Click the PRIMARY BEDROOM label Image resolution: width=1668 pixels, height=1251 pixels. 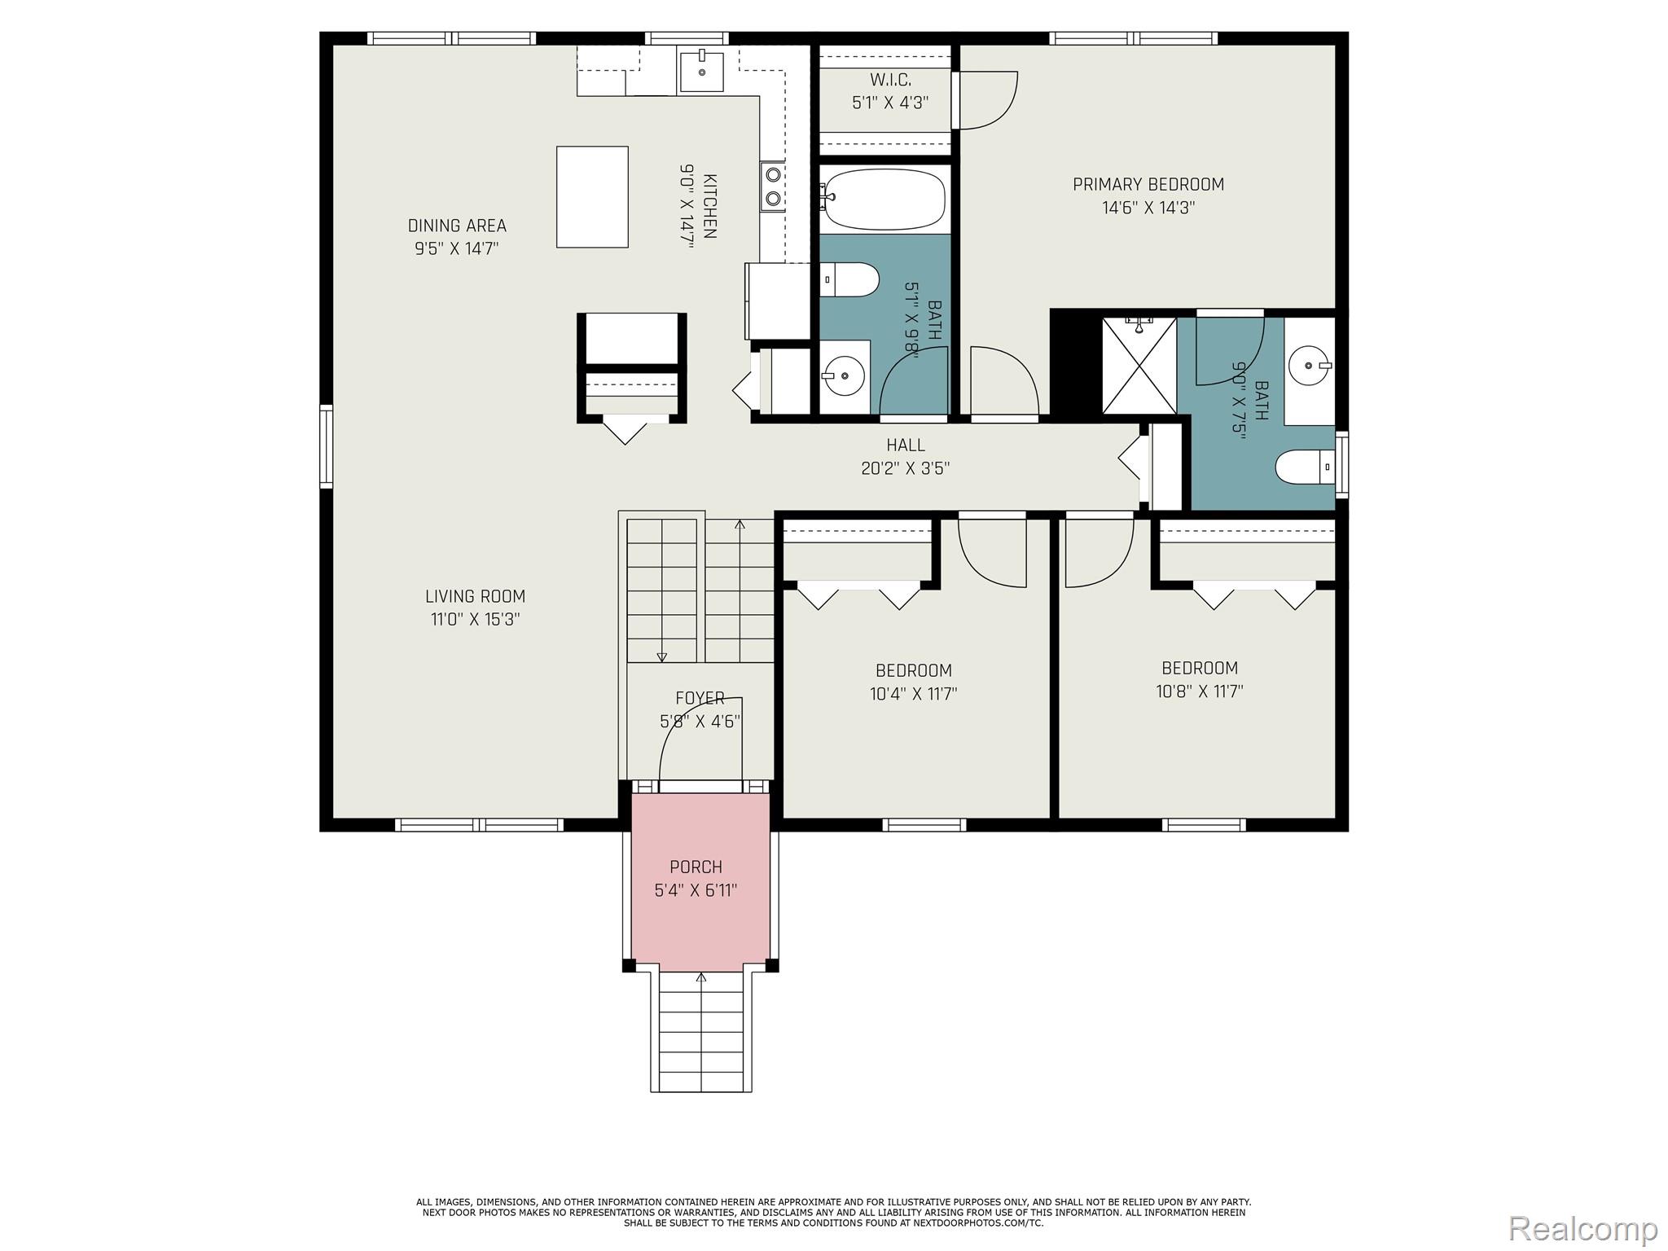[x=1148, y=184]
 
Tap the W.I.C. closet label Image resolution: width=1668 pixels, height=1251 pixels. [x=890, y=80]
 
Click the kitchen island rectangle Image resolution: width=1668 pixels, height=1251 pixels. [x=592, y=196]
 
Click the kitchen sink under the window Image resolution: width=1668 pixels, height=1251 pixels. [x=701, y=70]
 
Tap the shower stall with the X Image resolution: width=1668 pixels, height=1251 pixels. [x=1139, y=366]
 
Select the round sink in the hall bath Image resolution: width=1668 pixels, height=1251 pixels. [x=843, y=376]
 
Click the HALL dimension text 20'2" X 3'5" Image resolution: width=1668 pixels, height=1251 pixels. [x=905, y=468]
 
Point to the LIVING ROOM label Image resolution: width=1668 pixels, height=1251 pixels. [x=475, y=596]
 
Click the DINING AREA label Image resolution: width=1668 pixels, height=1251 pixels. [x=457, y=226]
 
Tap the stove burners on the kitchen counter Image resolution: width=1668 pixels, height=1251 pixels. [x=773, y=187]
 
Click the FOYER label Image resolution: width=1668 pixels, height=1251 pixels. [x=700, y=698]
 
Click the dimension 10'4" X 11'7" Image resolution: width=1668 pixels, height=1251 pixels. [x=913, y=694]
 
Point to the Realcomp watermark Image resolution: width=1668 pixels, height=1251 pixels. [x=1582, y=1227]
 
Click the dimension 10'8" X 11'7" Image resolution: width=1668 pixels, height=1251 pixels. [x=1199, y=691]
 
